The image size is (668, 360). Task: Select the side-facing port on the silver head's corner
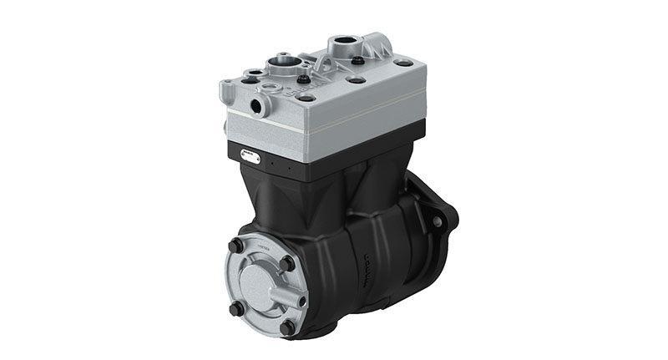click(x=257, y=105)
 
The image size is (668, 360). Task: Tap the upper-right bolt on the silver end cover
click(x=287, y=264)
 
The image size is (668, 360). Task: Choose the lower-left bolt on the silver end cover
click(x=236, y=307)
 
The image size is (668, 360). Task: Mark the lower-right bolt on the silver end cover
click(x=286, y=327)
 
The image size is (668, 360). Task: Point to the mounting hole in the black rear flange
click(x=437, y=222)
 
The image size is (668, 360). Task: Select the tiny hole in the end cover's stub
click(x=301, y=302)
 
